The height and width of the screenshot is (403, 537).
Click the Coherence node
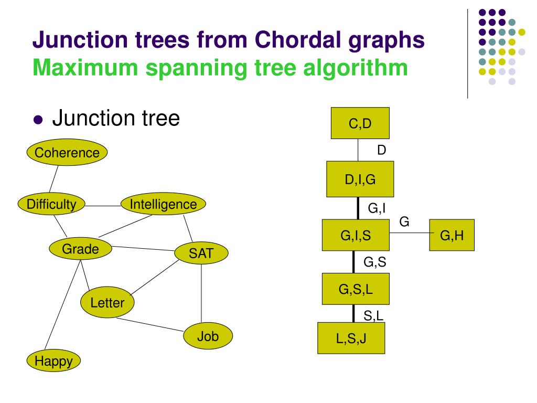(x=67, y=153)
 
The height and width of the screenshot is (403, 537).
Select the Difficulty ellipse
(x=51, y=204)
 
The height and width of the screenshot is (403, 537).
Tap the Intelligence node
(x=163, y=204)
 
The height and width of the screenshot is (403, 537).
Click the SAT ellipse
(x=201, y=253)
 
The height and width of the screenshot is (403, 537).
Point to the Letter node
(x=108, y=302)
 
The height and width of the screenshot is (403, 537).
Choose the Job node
(x=208, y=336)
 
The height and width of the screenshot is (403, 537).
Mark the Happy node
(x=53, y=360)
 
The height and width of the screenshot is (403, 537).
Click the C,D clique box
(x=360, y=123)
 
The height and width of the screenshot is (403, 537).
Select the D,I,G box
(x=360, y=179)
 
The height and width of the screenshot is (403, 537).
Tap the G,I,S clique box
(x=356, y=236)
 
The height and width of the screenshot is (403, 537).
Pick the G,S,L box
(x=356, y=289)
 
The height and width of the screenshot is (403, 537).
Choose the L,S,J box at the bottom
(x=351, y=338)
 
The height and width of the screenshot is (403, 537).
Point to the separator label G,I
(x=377, y=208)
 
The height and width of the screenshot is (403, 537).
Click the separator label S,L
(x=374, y=315)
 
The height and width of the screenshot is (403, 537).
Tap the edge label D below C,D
(x=382, y=150)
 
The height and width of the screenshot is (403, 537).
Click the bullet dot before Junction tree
(x=37, y=120)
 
